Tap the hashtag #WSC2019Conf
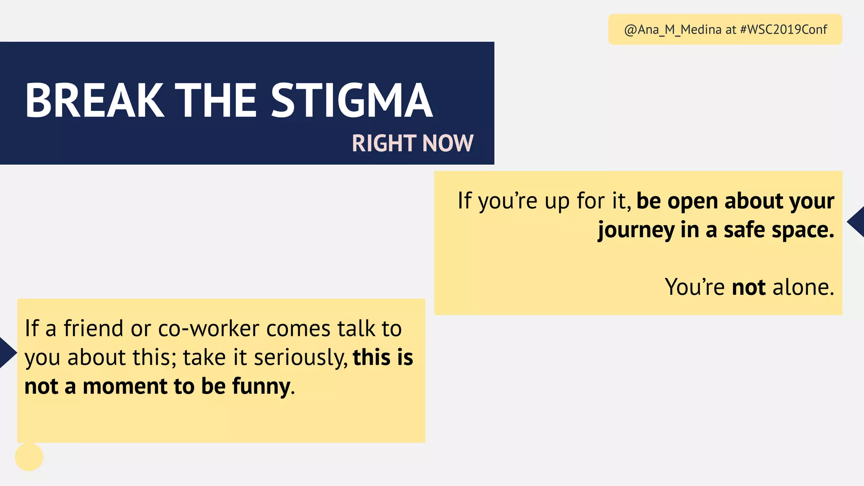[x=783, y=30]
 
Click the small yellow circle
[x=29, y=457]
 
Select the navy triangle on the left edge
[x=7, y=353]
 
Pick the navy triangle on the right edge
[x=856, y=222]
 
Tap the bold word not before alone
[x=749, y=287]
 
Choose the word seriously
[x=300, y=358]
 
